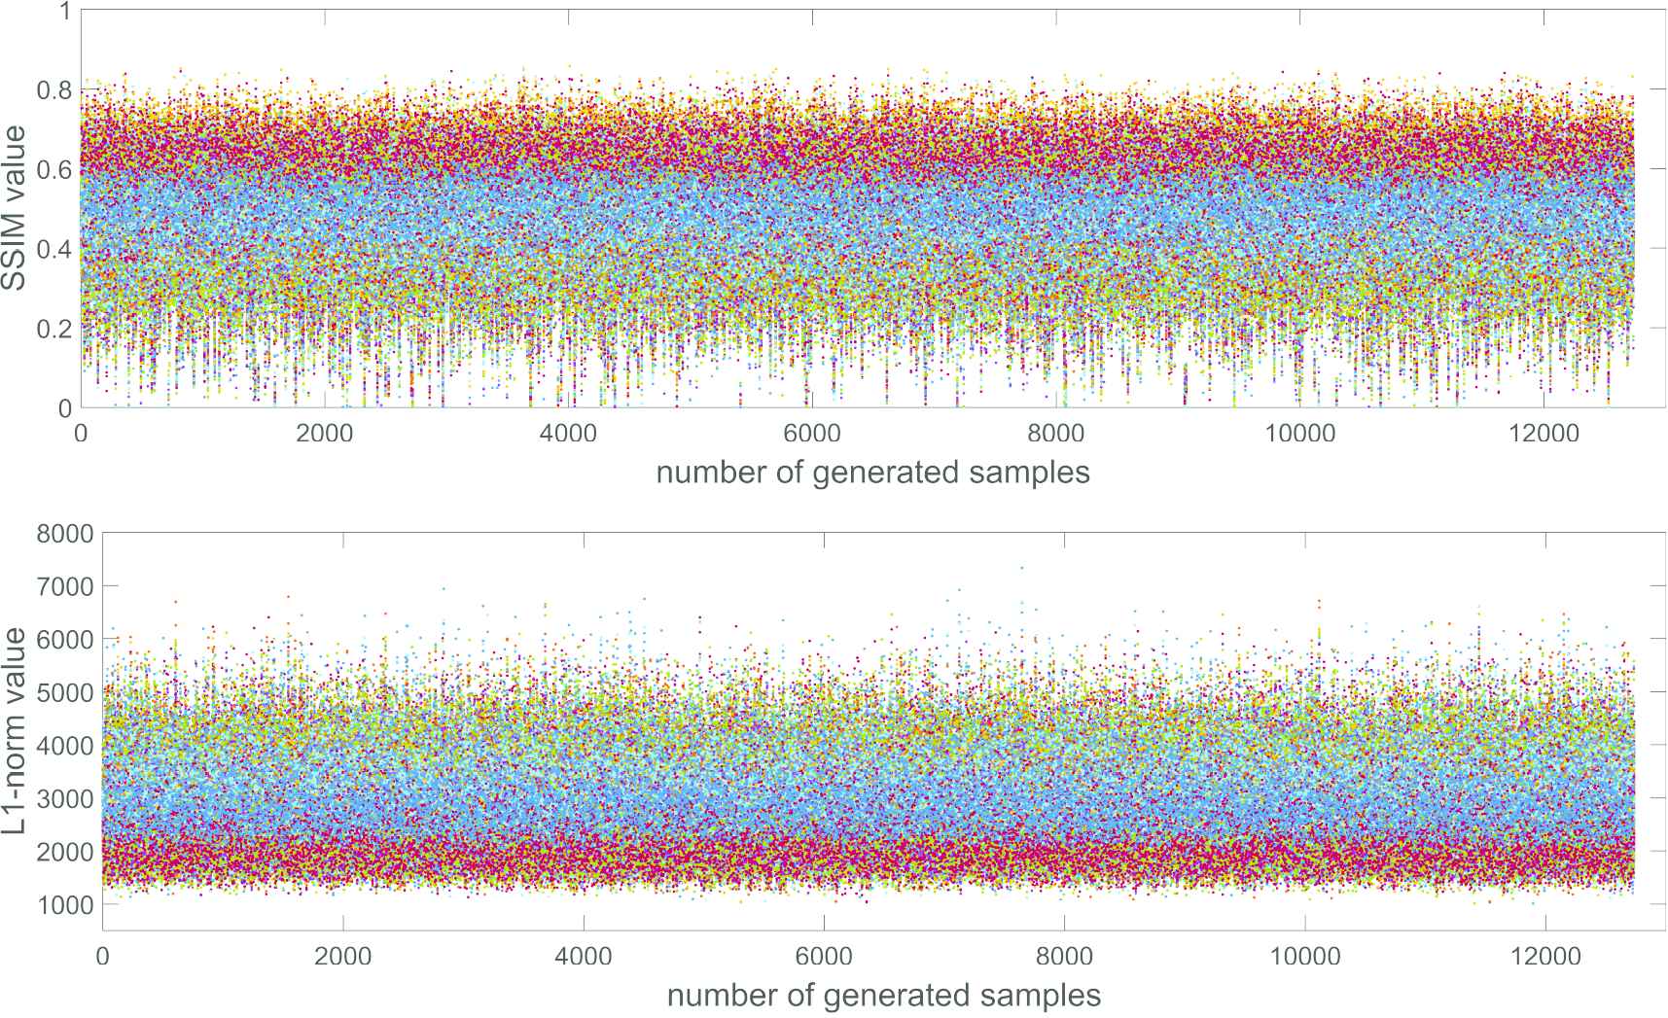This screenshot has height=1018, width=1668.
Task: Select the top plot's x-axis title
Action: [872, 473]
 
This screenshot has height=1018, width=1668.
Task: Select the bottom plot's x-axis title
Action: [884, 996]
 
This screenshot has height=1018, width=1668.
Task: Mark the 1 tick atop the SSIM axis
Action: [64, 12]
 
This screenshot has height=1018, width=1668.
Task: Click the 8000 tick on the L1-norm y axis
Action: [64, 533]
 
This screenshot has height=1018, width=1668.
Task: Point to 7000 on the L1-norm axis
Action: [64, 586]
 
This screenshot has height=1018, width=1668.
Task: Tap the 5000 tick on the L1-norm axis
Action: [64, 692]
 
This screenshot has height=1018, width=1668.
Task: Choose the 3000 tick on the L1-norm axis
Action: [64, 798]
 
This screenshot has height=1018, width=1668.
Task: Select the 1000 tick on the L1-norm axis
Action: [64, 904]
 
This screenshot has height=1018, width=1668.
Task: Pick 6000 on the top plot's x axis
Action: [813, 434]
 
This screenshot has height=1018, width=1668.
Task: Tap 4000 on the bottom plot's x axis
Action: [584, 957]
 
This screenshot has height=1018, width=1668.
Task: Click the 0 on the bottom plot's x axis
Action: [102, 957]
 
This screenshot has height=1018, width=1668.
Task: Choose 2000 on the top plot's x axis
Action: [325, 434]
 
